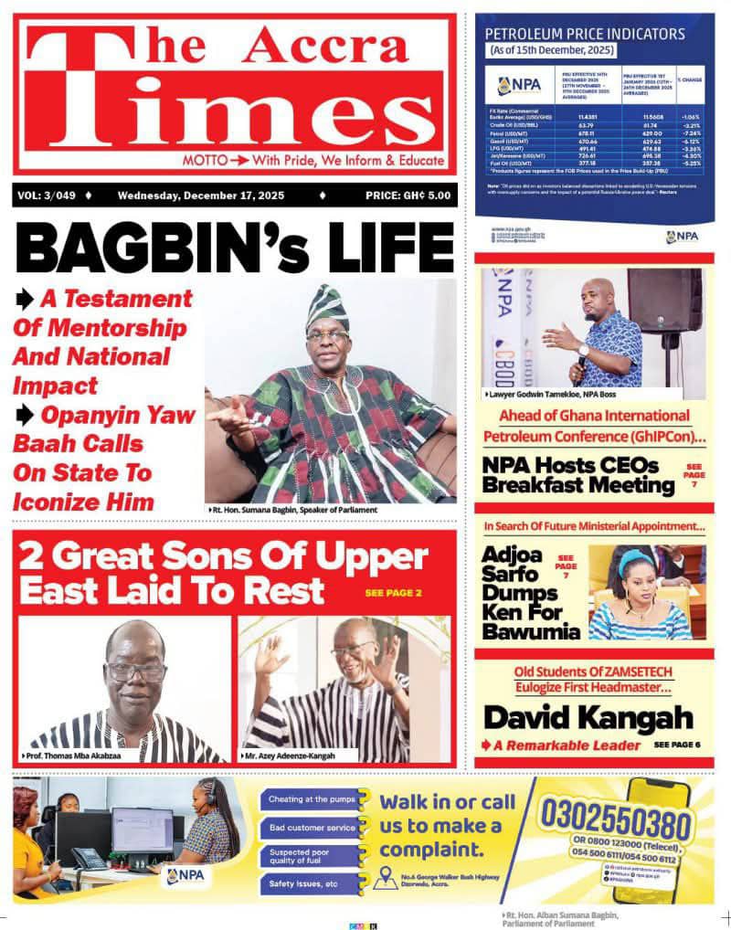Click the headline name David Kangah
pos(588,717)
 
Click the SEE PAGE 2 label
pos(393,594)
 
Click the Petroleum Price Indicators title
pos(585,35)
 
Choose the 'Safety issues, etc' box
pos(305,883)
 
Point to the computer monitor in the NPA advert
pos(142,830)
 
